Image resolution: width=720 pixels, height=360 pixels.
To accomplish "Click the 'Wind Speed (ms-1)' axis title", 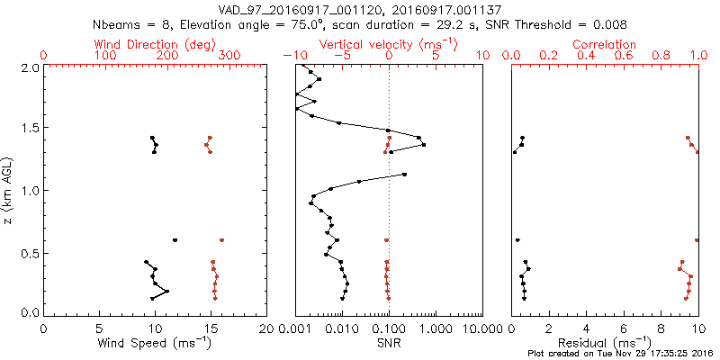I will (x=155, y=341).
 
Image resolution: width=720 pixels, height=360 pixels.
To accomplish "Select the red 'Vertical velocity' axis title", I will (x=388, y=44).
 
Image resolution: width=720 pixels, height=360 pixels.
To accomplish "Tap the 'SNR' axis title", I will (x=388, y=341).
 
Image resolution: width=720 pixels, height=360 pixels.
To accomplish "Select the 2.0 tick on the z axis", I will (x=29, y=67).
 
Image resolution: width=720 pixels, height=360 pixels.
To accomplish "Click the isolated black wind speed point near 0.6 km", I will (x=175, y=240).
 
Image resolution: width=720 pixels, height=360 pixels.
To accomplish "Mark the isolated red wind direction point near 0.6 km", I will (x=221, y=240).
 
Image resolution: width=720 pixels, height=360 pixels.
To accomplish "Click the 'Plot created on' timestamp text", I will (x=620, y=352).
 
